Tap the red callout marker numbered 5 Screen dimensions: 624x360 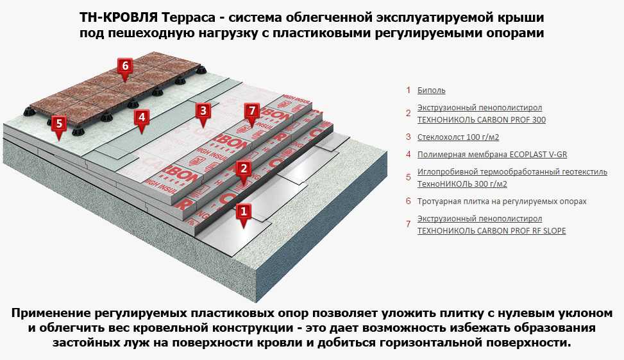click(59, 126)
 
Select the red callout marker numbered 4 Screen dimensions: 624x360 click(142, 120)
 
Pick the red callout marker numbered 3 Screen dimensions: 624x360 click(203, 113)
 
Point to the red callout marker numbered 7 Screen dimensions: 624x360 click(252, 113)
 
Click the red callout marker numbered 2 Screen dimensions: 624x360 click(244, 171)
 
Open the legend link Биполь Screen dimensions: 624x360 click(432, 90)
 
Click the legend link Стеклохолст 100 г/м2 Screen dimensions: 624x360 click(458, 137)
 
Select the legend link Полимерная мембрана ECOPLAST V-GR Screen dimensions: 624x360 click(493, 155)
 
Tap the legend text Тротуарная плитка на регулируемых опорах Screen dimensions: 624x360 click(502, 201)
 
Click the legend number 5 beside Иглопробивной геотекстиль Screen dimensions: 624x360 click(409, 177)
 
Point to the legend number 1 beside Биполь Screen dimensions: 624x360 click(409, 90)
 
